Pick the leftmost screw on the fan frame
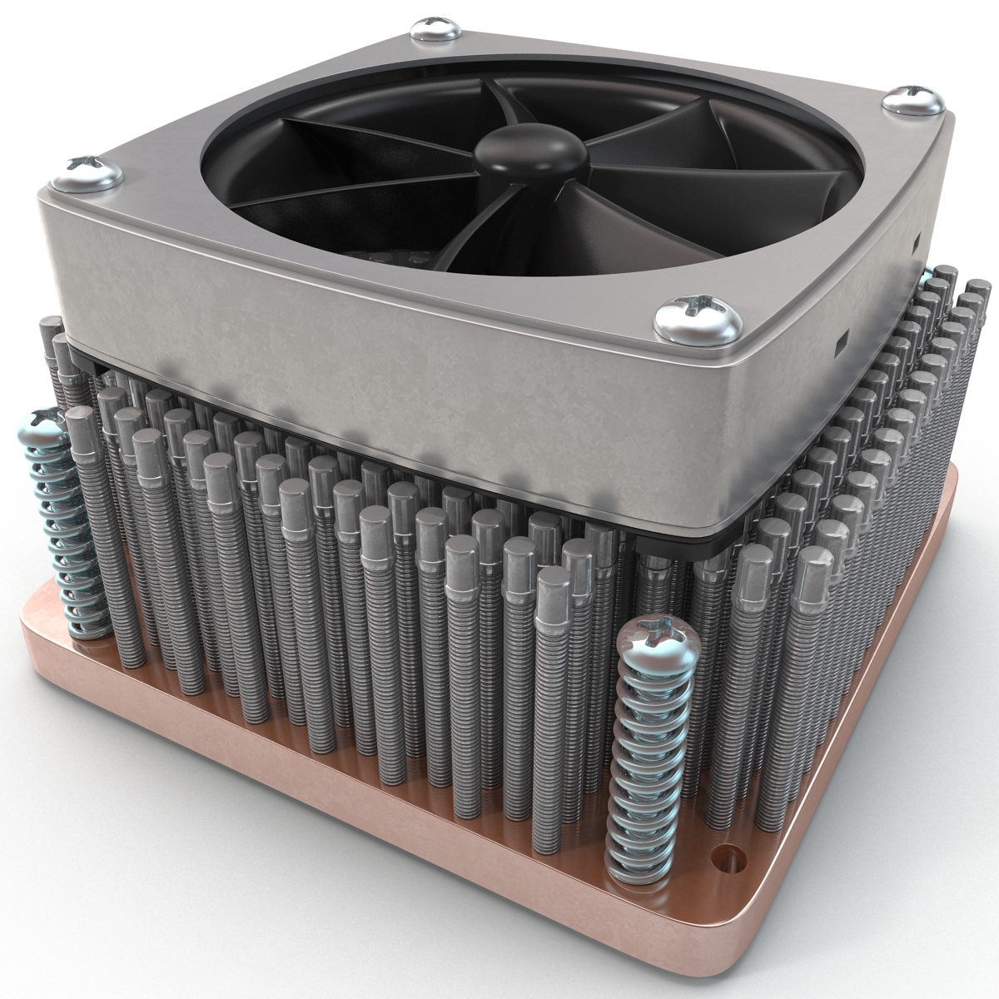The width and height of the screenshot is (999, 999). pos(87,171)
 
